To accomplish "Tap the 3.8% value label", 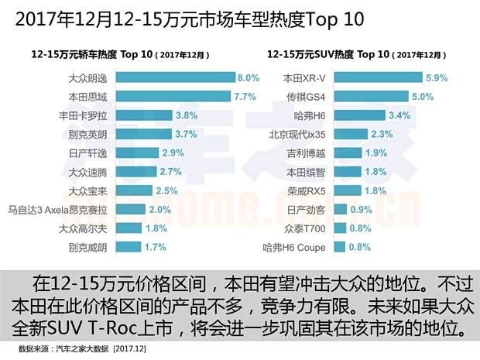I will [187, 115].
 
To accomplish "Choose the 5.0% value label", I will [423, 96].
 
